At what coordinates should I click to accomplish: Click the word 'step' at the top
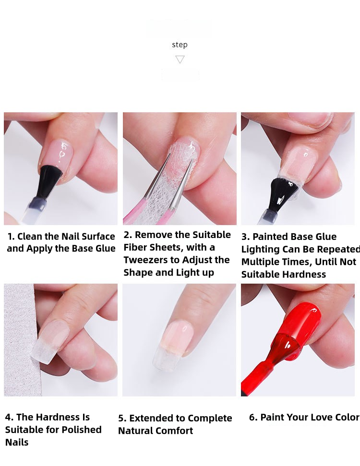coord(180,45)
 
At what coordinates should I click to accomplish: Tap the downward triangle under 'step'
coord(180,60)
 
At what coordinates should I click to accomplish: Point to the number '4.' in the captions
coord(9,417)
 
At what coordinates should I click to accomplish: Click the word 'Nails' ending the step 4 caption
coord(17,442)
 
